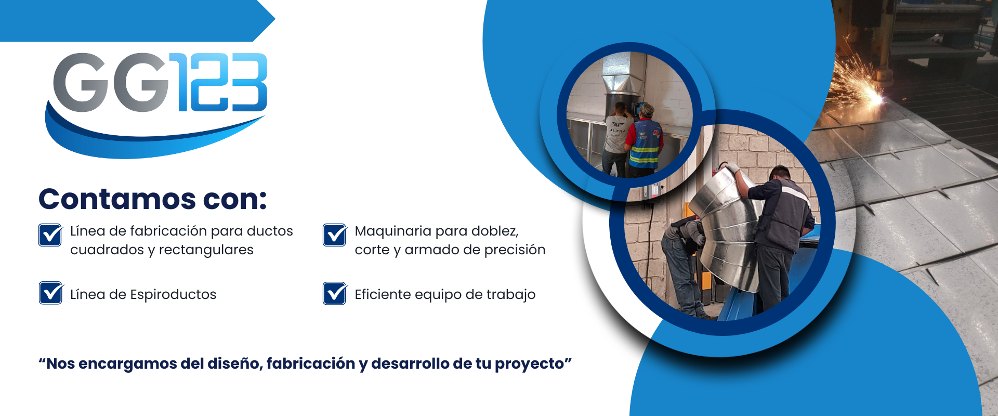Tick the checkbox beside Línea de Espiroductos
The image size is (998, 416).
point(51,293)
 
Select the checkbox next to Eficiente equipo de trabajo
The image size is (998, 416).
point(335,293)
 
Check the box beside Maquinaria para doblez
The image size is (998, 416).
point(335,235)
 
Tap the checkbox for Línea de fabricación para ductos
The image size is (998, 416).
point(51,235)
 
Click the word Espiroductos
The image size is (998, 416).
point(173,295)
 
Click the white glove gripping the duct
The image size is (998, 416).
point(731,168)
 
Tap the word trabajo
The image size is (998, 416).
point(511,295)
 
